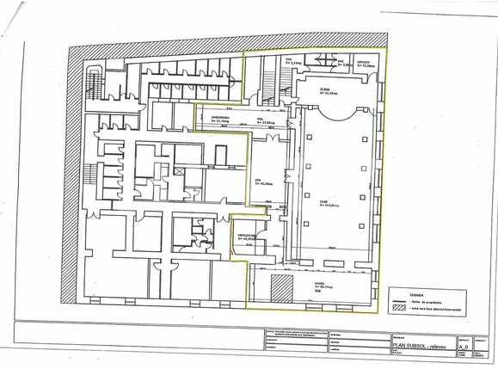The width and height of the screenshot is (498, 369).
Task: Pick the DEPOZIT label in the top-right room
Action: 364,61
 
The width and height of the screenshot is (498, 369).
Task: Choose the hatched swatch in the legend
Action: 399,306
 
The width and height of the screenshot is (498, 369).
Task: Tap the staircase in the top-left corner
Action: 93,70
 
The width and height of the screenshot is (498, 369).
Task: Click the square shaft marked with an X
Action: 179,171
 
